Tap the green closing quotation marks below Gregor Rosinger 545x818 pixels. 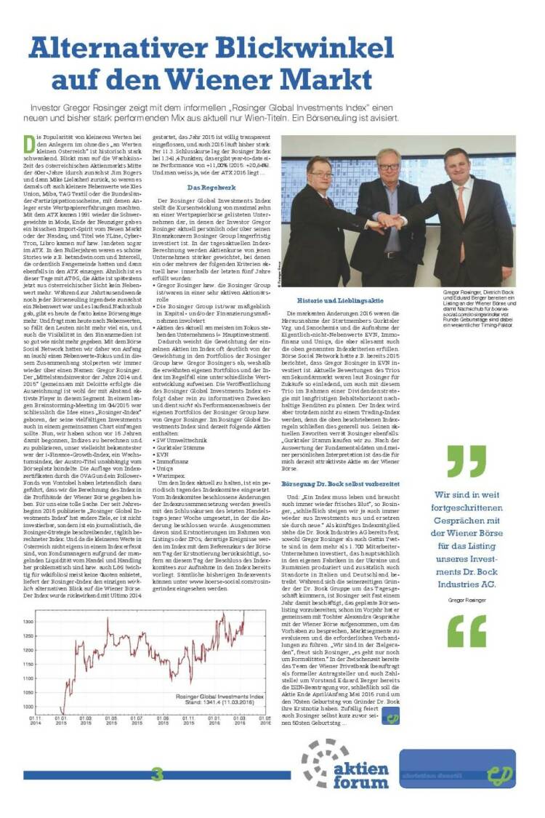click(x=467, y=633)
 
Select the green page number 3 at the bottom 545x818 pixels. click(x=157, y=774)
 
